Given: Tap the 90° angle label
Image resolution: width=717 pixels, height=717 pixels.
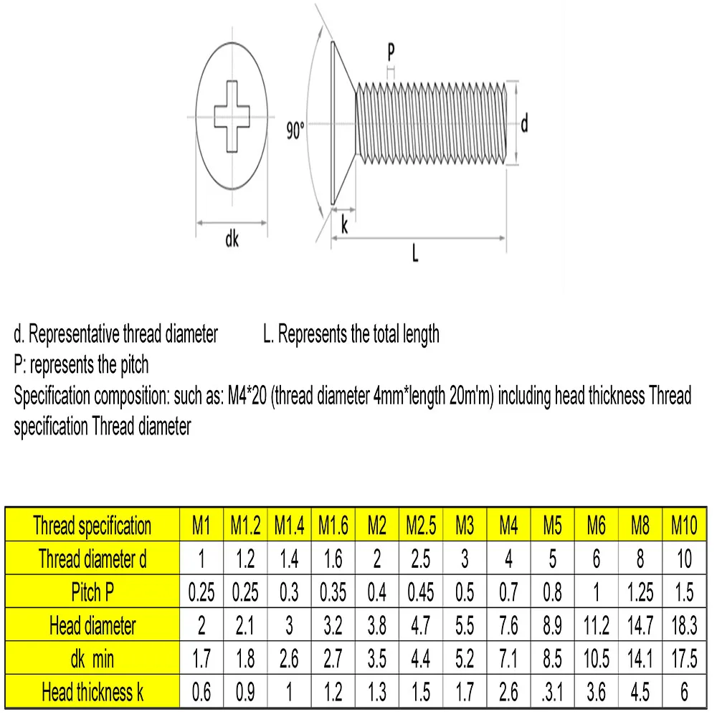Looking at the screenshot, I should pyautogui.click(x=295, y=132).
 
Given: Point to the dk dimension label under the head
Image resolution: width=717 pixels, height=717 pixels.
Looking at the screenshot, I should pyautogui.click(x=232, y=240).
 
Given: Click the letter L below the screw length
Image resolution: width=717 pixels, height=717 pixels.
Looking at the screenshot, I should pyautogui.click(x=414, y=253).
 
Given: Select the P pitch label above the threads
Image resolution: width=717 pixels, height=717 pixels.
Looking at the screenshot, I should pyautogui.click(x=391, y=52).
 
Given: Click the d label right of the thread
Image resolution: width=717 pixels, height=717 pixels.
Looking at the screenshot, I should pyautogui.click(x=524, y=124).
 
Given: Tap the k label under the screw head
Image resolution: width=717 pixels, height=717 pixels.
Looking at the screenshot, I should pyautogui.click(x=344, y=227).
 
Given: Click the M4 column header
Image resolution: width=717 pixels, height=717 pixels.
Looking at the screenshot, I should pyautogui.click(x=508, y=526).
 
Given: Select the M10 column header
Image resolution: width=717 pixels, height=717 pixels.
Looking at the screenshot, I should pyautogui.click(x=684, y=526).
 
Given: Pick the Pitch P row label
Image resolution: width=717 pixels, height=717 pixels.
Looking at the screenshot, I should pyautogui.click(x=92, y=592).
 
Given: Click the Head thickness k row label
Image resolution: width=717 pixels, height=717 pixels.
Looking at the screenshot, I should pyautogui.click(x=92, y=692).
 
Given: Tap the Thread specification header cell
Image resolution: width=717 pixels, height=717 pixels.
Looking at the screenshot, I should pyautogui.click(x=92, y=526).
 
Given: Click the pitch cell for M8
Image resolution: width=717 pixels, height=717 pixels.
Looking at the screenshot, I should pyautogui.click(x=640, y=592).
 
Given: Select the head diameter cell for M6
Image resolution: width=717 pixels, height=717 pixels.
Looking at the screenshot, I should pyautogui.click(x=596, y=626).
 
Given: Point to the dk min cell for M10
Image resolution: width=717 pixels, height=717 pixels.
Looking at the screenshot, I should pyautogui.click(x=684, y=659).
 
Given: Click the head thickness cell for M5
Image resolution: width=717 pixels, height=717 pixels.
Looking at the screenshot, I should pyautogui.click(x=552, y=692).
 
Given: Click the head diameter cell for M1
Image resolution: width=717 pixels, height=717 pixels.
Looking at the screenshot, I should pyautogui.click(x=201, y=626).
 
